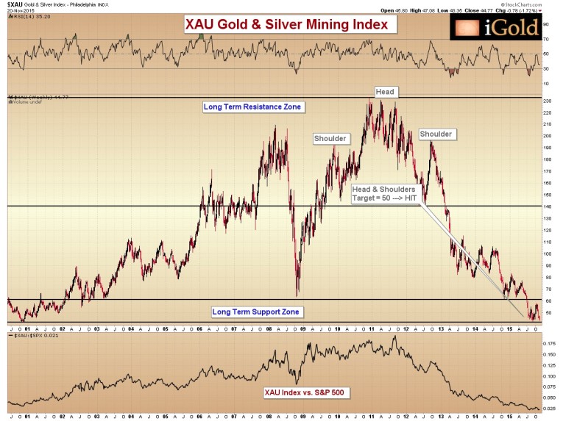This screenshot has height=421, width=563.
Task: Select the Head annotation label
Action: coord(385,92)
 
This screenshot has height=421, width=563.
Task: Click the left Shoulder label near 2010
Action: coord(330,138)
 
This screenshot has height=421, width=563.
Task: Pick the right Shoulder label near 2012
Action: coord(436,134)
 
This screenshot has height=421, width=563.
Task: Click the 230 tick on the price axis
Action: coord(548,100)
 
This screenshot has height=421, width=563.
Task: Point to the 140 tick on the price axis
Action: coord(548,207)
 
